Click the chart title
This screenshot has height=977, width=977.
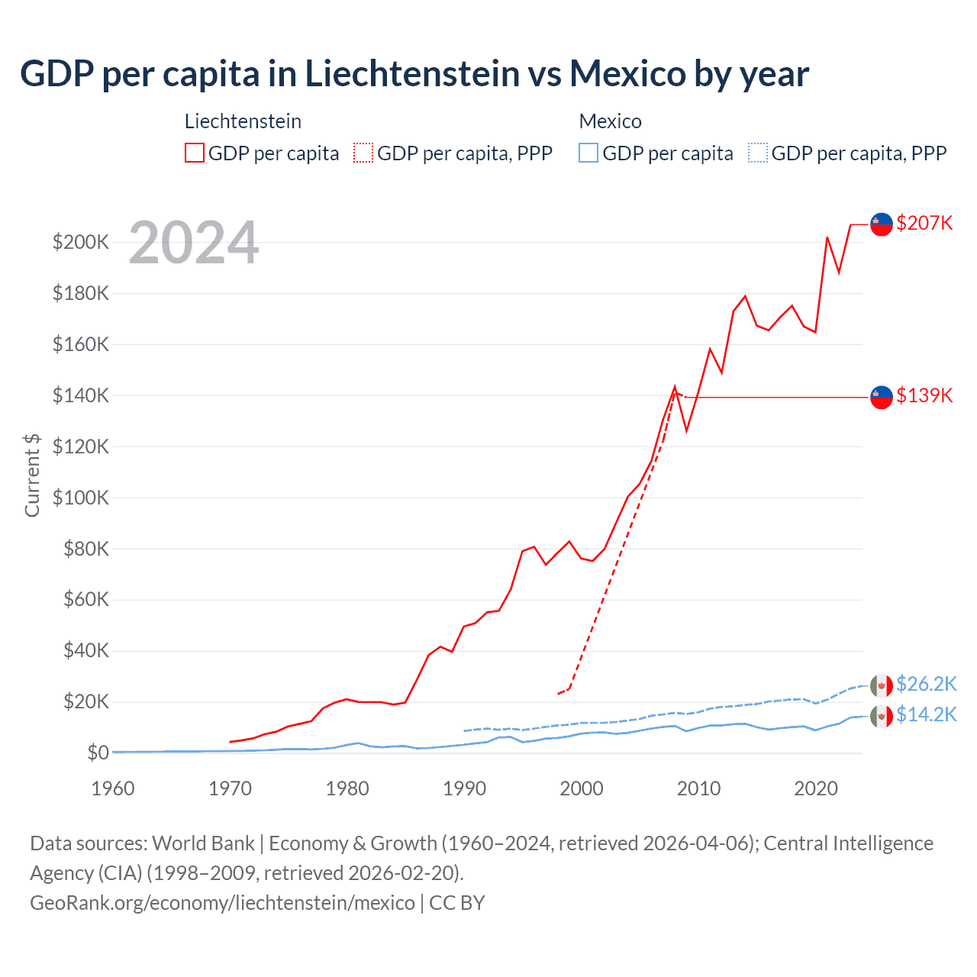414,74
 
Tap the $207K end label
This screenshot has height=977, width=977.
924,223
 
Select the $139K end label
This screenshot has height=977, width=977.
924,395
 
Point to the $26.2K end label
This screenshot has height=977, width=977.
926,684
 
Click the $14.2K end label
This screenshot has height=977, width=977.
926,714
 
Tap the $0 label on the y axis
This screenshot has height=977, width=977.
98,753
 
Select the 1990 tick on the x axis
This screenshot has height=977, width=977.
464,788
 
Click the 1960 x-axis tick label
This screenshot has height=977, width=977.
113,788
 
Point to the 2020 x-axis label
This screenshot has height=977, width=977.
816,788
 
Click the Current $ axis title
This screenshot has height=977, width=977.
32,475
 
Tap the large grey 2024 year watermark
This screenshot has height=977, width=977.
194,243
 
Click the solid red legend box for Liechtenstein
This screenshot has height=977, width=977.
195,153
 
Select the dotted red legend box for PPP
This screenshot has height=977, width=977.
363,153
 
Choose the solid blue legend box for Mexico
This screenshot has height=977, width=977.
588,153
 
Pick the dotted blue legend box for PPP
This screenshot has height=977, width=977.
758,153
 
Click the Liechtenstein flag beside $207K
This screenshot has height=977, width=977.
882,224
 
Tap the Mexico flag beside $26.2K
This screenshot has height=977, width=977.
882,685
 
